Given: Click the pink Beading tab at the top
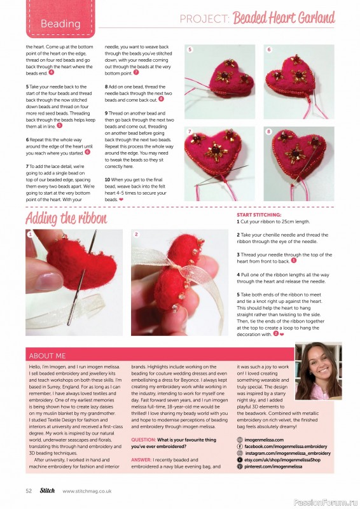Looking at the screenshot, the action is pos(60,24).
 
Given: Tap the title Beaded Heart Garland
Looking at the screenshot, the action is pos(284,18).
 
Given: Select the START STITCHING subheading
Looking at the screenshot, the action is pos(258,216).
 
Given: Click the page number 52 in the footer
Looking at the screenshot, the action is pos(29,491).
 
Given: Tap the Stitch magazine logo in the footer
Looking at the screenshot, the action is pos(48,491).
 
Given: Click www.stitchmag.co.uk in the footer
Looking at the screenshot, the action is pos(87,491).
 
